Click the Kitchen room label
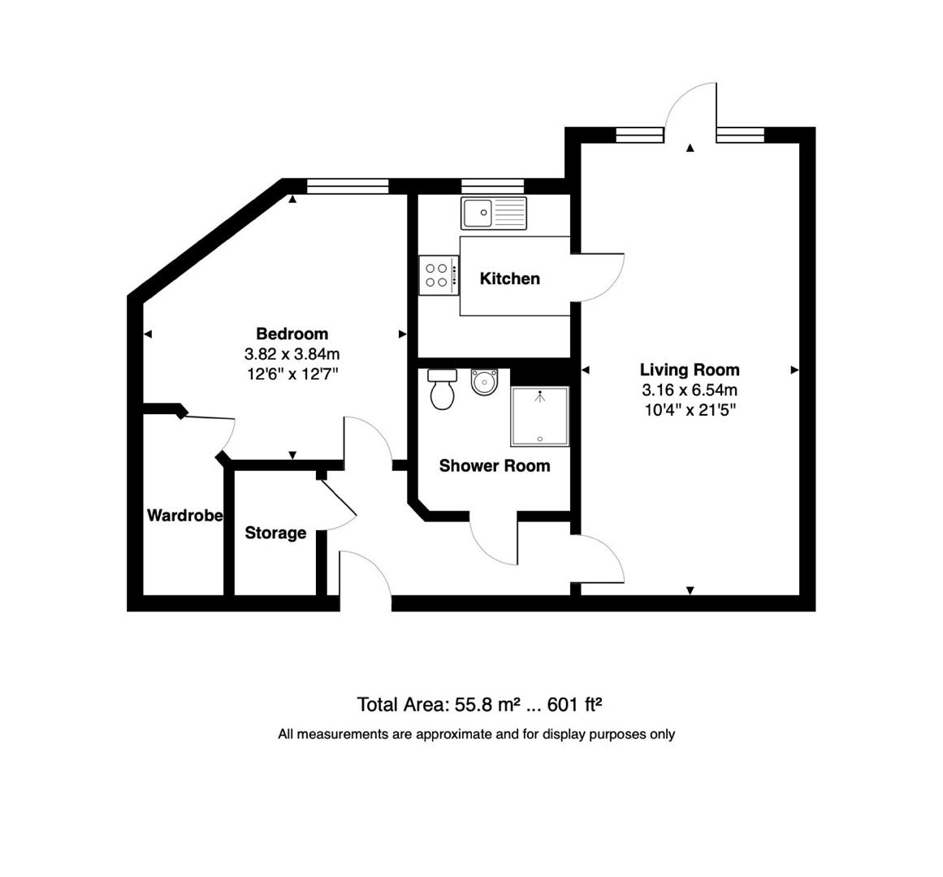point(509,279)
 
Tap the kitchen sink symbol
point(493,213)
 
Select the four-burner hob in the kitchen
point(436,274)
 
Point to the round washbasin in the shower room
point(485,382)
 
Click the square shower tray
point(539,417)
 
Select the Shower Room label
point(494,466)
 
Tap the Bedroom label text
point(292,334)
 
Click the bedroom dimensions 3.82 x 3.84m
point(292,354)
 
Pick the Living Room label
point(690,370)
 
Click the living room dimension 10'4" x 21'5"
point(690,410)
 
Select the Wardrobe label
point(184,516)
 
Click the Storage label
point(275,534)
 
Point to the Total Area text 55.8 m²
point(479,704)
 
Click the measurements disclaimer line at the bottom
point(476,734)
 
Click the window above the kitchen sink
point(492,186)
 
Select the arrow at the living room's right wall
point(794,370)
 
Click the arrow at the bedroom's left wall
point(148,334)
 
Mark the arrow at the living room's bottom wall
point(690,590)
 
